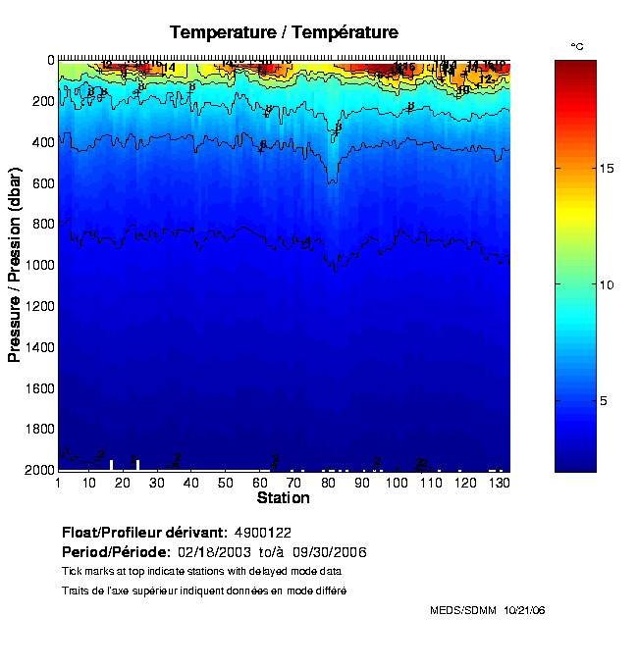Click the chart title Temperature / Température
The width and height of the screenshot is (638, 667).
point(284,32)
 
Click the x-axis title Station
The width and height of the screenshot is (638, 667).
point(283,498)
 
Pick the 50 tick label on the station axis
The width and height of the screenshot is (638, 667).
point(226,484)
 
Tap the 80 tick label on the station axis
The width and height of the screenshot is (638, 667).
point(328,484)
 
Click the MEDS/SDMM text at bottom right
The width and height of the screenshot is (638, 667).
point(463,610)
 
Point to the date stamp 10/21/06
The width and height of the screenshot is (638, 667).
point(524,610)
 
